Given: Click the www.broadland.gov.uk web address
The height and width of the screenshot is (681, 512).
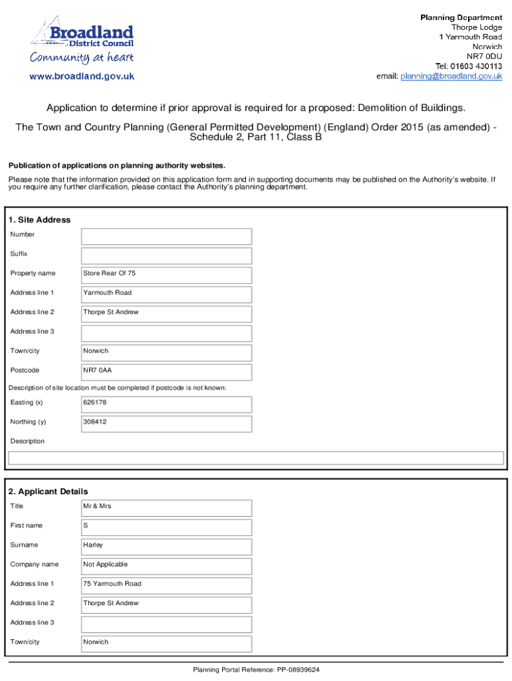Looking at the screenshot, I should [x=81, y=76].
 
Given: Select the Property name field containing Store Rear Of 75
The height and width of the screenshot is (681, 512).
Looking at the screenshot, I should [x=166, y=275].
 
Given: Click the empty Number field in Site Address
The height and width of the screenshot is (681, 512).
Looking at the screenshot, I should [x=166, y=236].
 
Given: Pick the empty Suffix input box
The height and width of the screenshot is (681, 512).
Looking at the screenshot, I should [x=166, y=255].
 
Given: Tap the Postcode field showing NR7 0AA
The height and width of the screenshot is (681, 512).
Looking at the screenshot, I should [x=166, y=372].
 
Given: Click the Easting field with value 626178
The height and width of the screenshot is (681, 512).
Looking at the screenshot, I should [x=166, y=404].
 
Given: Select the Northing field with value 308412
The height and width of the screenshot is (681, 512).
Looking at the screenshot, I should [x=166, y=423].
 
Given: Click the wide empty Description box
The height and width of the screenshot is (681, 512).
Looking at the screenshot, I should [x=255, y=458].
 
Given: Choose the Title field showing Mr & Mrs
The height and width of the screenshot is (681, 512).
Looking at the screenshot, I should [x=166, y=507].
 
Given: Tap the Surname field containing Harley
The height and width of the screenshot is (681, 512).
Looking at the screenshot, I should [x=166, y=547].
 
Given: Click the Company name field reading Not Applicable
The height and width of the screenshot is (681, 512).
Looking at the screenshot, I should [x=166, y=566].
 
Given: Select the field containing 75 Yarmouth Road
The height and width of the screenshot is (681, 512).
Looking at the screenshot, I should [x=166, y=585].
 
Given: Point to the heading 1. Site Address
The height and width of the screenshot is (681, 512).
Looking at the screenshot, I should [x=39, y=220].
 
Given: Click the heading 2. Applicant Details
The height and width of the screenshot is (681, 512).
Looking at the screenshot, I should [x=48, y=491].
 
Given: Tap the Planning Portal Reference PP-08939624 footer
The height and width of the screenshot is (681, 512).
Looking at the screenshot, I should [x=256, y=670].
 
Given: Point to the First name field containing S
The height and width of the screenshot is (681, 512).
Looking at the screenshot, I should [x=166, y=527].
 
